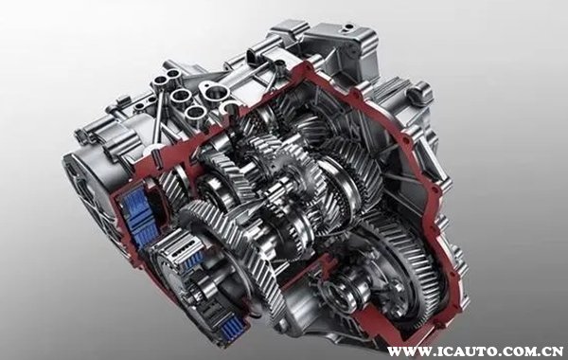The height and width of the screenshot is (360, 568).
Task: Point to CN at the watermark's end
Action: tap(551, 351)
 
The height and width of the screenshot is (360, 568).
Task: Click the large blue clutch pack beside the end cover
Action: tap(136, 216)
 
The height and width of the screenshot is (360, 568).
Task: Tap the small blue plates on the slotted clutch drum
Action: tap(193, 260)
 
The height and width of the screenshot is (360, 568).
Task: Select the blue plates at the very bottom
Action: tap(231, 329)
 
